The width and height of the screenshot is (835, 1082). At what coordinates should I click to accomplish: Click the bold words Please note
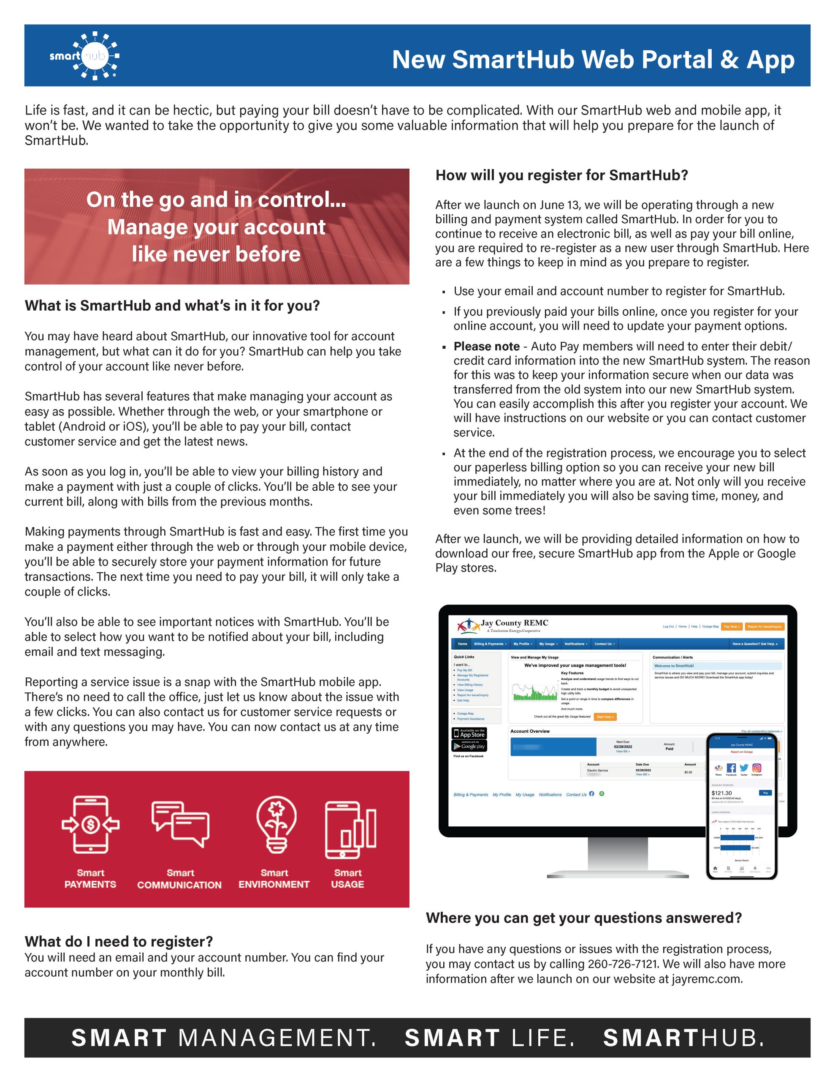coord(487,346)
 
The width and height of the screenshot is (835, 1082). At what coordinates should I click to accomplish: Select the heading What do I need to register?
coord(119,941)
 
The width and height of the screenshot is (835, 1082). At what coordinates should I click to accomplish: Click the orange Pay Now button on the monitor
coord(731,627)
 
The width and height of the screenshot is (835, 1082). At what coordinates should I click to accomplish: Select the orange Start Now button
coord(605,717)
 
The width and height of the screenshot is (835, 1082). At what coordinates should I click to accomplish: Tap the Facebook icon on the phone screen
coord(731,768)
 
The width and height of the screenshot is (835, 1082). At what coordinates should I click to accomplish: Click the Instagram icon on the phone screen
coord(756,768)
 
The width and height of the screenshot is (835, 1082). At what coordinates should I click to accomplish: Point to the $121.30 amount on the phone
coord(721,793)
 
